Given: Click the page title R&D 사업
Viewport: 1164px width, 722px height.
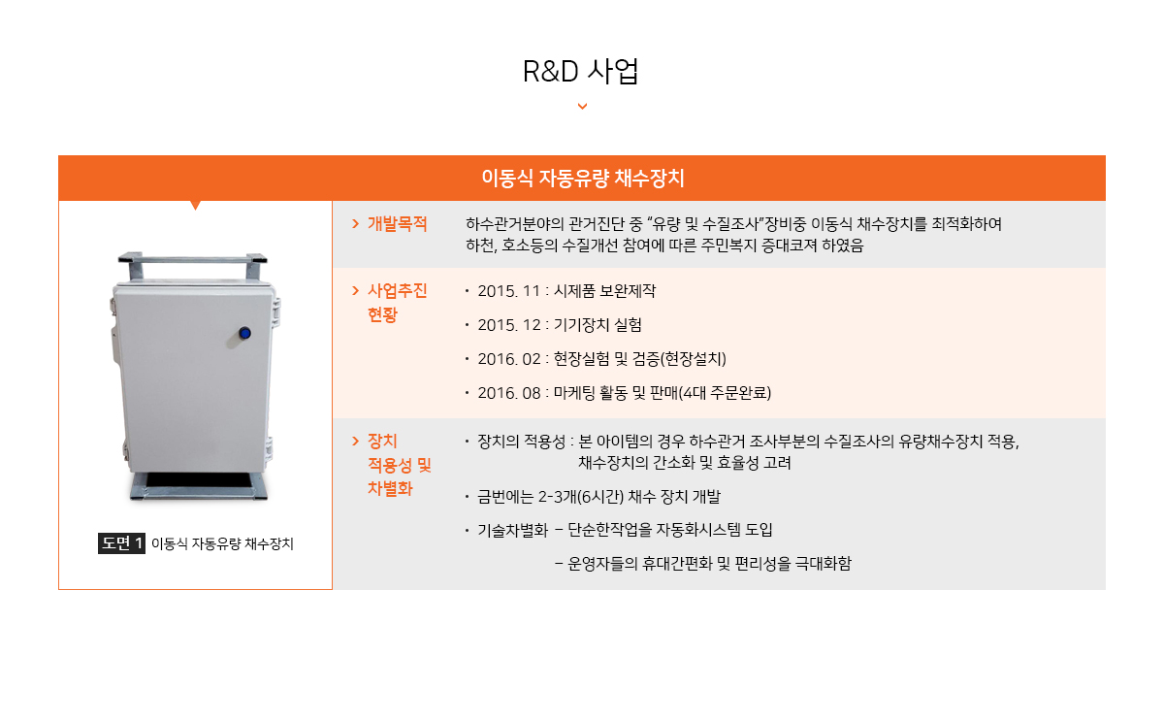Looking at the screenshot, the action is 580,71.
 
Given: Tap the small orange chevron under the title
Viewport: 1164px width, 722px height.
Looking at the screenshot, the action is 583,106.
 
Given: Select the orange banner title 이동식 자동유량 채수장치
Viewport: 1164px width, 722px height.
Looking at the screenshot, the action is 583,178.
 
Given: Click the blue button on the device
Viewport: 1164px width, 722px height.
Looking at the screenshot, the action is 244,333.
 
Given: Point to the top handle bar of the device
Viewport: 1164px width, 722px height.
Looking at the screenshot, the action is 193,258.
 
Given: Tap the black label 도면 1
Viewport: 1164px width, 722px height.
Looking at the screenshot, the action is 121,543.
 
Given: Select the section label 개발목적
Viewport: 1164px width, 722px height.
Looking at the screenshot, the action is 398,223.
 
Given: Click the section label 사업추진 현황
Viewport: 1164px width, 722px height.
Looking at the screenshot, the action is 398,302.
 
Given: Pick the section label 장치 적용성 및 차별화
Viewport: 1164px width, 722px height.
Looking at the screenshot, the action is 399,464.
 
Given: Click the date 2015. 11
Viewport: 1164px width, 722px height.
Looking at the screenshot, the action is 508,291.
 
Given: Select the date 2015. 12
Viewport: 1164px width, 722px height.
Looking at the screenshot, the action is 509,325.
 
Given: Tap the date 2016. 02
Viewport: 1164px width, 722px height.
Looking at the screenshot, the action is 509,359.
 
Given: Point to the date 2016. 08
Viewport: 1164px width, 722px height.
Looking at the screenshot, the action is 509,392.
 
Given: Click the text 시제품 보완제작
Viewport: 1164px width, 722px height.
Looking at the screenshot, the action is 604,290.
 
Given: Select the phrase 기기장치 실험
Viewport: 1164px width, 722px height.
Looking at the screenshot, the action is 598,325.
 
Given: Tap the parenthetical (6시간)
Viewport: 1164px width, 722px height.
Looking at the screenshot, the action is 600,497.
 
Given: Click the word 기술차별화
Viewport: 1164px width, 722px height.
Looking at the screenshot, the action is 513,530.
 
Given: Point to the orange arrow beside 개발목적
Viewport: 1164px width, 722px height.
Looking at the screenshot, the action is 355,223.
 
